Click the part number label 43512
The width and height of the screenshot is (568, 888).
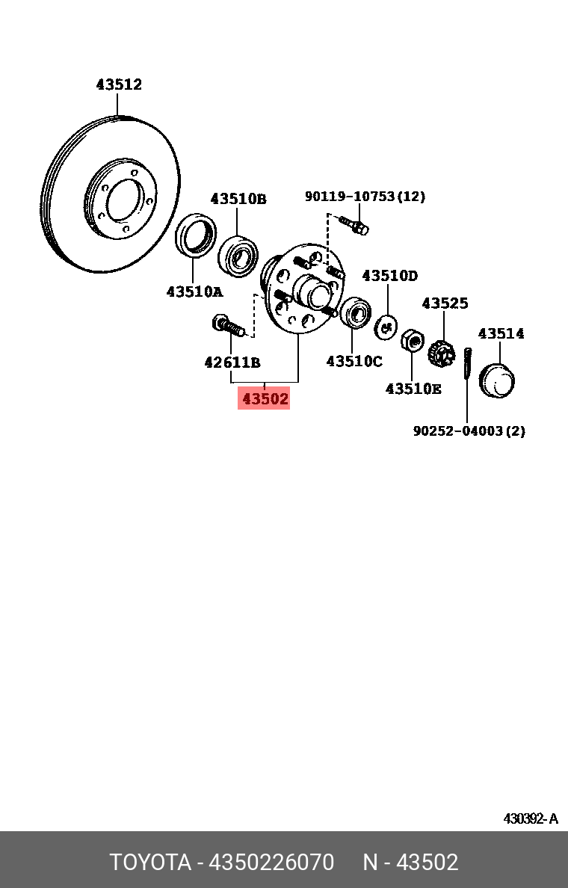[119, 85]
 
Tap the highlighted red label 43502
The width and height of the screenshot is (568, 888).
[265, 398]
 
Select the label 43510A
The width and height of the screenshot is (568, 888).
[194, 292]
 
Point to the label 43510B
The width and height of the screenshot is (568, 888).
[238, 199]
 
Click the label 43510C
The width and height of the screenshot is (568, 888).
[354, 362]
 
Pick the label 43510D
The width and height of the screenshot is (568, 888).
[389, 276]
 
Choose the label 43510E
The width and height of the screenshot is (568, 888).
[413, 389]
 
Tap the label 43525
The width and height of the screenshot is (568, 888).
[445, 303]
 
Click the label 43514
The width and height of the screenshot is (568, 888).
[501, 333]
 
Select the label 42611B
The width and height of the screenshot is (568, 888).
[232, 363]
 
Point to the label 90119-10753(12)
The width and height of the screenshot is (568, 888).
[365, 197]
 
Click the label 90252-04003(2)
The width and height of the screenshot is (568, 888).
[469, 431]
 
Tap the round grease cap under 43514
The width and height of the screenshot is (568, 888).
[498, 381]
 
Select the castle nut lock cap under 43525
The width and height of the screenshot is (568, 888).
[442, 351]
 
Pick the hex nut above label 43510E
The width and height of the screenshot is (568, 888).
[411, 342]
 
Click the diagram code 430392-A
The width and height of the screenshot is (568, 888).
[530, 818]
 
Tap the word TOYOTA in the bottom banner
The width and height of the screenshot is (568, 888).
[150, 863]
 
